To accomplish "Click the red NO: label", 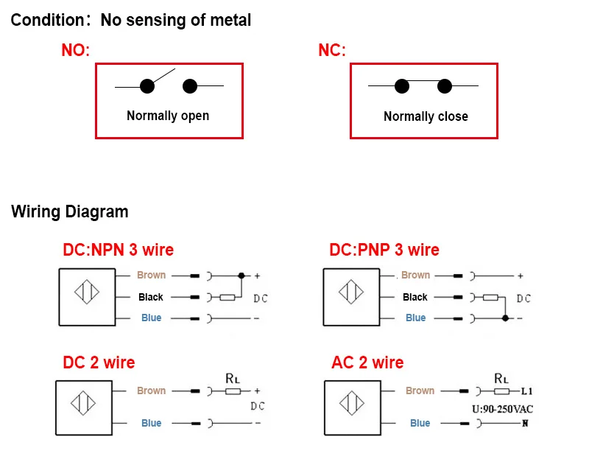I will tap(75, 51).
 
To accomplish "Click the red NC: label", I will tap(331, 51).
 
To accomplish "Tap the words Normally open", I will tap(168, 116).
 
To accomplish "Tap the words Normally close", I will tap(426, 116).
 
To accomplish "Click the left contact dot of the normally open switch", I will tap(147, 86).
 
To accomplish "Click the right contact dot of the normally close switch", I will tap(444, 86).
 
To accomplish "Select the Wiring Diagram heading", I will tap(70, 212).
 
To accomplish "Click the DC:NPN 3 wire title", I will tap(119, 250).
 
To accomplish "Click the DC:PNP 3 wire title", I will tap(384, 250).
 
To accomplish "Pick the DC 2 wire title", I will tap(99, 362).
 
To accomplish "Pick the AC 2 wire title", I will tap(367, 362).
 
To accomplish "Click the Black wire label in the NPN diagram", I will tap(151, 297).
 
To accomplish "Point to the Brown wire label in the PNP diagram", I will tap(415, 275).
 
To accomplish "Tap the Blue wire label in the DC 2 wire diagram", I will tap(151, 423).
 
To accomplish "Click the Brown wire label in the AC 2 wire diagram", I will tap(420, 390).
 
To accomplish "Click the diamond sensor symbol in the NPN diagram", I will tap(86, 292).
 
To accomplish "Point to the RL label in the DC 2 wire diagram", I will tap(233, 379).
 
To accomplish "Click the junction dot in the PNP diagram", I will tap(504, 318).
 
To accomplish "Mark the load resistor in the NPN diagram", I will tap(228, 297).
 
